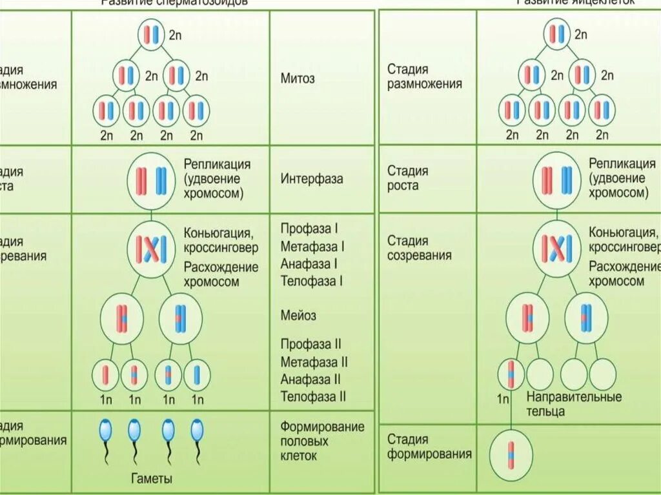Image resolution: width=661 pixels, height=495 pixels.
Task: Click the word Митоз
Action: (298, 79)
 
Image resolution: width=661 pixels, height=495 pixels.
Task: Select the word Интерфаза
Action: (312, 179)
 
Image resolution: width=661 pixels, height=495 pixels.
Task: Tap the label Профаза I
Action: (310, 229)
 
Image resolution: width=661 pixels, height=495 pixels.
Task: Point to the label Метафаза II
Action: (314, 362)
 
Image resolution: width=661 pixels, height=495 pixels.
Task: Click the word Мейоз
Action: (298, 316)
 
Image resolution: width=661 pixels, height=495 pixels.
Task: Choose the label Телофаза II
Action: (314, 396)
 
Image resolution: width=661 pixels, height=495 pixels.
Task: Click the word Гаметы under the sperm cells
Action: (152, 479)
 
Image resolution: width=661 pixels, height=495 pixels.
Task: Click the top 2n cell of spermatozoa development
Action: (152, 34)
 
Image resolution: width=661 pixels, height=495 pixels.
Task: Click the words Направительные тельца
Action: (574, 403)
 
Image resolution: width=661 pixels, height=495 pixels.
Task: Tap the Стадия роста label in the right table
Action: (407, 178)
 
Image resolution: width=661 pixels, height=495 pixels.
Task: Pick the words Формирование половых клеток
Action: (322, 441)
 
